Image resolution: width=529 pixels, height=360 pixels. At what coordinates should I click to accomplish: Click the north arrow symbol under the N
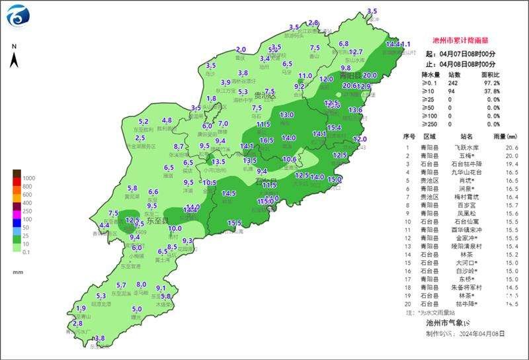click(14, 61)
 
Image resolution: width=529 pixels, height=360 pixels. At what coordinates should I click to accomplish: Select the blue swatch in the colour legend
click(16, 228)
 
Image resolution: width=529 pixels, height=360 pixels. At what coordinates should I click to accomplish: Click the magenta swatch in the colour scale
click(16, 211)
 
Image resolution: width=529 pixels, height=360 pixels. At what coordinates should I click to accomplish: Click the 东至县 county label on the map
click(157, 221)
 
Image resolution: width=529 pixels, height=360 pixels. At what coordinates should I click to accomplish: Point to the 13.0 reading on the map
click(286, 115)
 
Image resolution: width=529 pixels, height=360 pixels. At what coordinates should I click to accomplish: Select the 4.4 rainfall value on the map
click(104, 226)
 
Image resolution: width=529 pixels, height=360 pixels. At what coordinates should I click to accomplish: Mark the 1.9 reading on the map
click(81, 308)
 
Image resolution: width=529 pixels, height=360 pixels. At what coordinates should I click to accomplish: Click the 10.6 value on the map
click(289, 159)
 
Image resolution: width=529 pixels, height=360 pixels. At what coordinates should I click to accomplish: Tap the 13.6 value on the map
click(355, 110)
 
